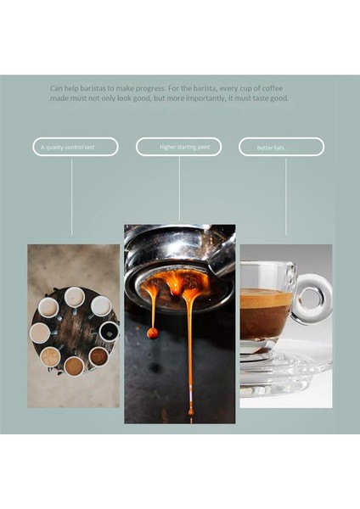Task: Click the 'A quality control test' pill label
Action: [72, 147]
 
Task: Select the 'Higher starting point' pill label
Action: [178, 147]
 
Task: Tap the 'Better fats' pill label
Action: [281, 147]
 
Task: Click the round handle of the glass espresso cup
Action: [314, 299]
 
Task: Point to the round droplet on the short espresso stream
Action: [153, 333]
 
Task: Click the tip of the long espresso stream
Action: [190, 411]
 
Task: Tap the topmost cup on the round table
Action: [75, 296]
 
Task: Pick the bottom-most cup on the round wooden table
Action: [74, 366]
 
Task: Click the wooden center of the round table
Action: [73, 331]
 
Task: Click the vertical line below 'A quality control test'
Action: [71, 195]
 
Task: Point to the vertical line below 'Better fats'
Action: [285, 195]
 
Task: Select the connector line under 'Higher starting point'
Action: [179, 188]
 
